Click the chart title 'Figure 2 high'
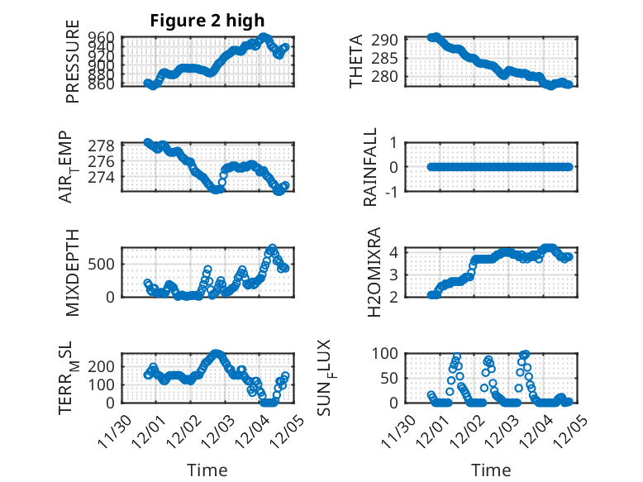click(x=207, y=21)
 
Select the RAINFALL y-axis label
click(x=371, y=167)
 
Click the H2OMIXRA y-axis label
click(x=373, y=271)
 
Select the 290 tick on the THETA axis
click(x=389, y=40)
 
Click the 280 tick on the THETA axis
click(x=389, y=76)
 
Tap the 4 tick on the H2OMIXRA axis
click(x=396, y=252)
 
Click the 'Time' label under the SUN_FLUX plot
click(x=491, y=470)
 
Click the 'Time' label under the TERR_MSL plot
click(x=207, y=470)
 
